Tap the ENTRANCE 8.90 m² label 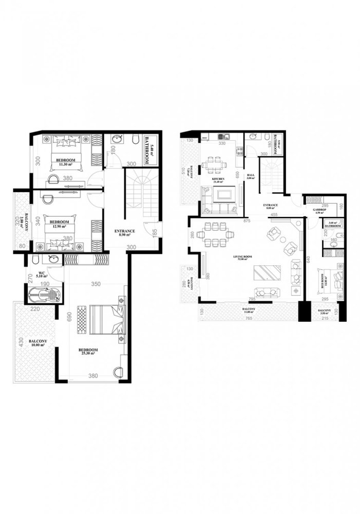click(x=125, y=232)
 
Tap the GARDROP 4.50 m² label click(x=320, y=212)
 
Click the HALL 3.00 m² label click(x=251, y=177)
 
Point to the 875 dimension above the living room click(x=248, y=221)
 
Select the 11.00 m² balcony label click(x=249, y=310)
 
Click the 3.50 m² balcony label click(x=324, y=313)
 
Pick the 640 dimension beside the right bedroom click(x=309, y=260)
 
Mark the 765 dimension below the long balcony click(x=248, y=320)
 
